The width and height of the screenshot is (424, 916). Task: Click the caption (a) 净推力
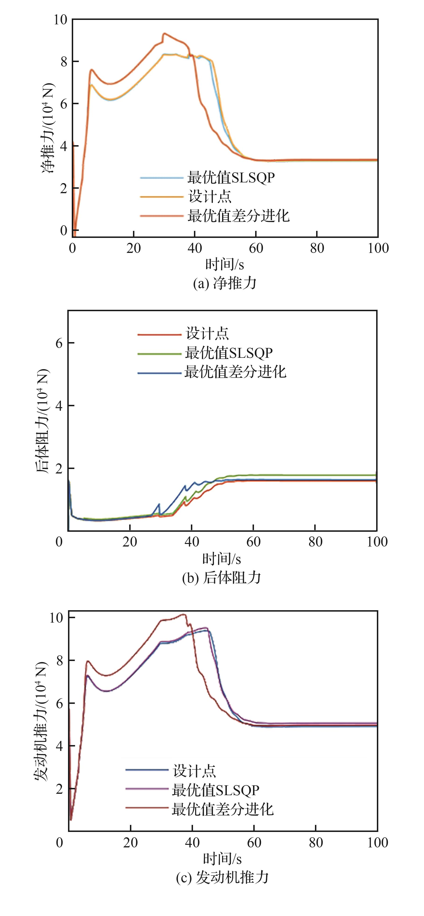[x=225, y=283]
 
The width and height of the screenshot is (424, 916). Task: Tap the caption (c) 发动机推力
[x=222, y=877]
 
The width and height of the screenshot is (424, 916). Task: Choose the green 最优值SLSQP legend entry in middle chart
[x=229, y=353]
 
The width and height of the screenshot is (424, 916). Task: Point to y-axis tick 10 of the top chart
[x=61, y=20]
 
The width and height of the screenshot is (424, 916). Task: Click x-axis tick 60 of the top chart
[x=256, y=248]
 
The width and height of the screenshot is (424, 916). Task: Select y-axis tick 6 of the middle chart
[x=59, y=343]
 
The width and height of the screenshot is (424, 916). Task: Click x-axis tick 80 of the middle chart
[x=315, y=542]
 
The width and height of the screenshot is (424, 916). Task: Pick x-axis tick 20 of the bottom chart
[x=130, y=842]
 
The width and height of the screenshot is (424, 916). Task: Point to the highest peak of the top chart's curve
[x=164, y=33]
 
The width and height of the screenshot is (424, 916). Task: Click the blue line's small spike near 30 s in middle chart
[x=159, y=504]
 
